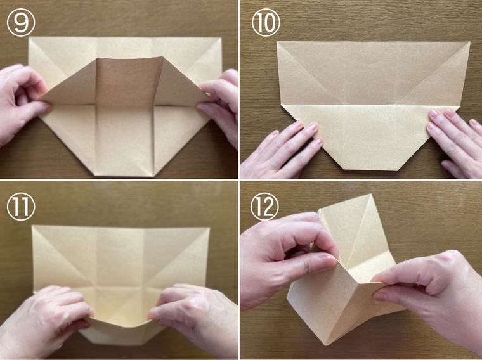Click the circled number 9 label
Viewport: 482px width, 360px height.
[x=21, y=22]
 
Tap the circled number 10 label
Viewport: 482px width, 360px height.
[x=266, y=22]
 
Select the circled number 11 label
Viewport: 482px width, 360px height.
[x=21, y=207]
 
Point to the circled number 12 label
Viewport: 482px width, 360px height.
[x=264, y=207]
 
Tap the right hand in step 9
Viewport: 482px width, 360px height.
[x=219, y=105]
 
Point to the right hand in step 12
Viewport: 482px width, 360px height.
[x=431, y=295]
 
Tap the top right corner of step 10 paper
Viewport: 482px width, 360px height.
[x=469, y=42]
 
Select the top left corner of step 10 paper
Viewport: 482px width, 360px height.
[x=277, y=41]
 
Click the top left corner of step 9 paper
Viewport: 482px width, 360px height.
[x=29, y=37]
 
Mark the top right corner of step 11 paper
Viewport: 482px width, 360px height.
[x=209, y=228]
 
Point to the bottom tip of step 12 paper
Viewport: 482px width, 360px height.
[x=329, y=345]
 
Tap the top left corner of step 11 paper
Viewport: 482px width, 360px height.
[x=32, y=226]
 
